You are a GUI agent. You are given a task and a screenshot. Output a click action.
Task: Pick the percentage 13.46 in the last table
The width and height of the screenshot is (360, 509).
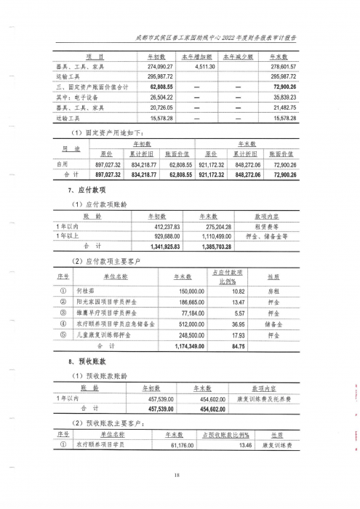(249, 445)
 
